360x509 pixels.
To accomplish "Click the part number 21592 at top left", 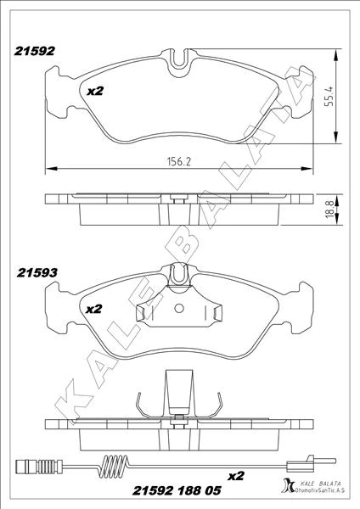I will pyautogui.click(x=35, y=50).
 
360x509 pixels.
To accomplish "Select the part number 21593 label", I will pyautogui.click(x=35, y=273).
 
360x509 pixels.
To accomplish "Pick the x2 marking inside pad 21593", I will pyautogui.click(x=94, y=310).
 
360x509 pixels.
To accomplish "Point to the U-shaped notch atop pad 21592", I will pyautogui.click(x=177, y=62).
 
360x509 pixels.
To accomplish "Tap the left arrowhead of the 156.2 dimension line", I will pyautogui.click(x=47, y=166).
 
